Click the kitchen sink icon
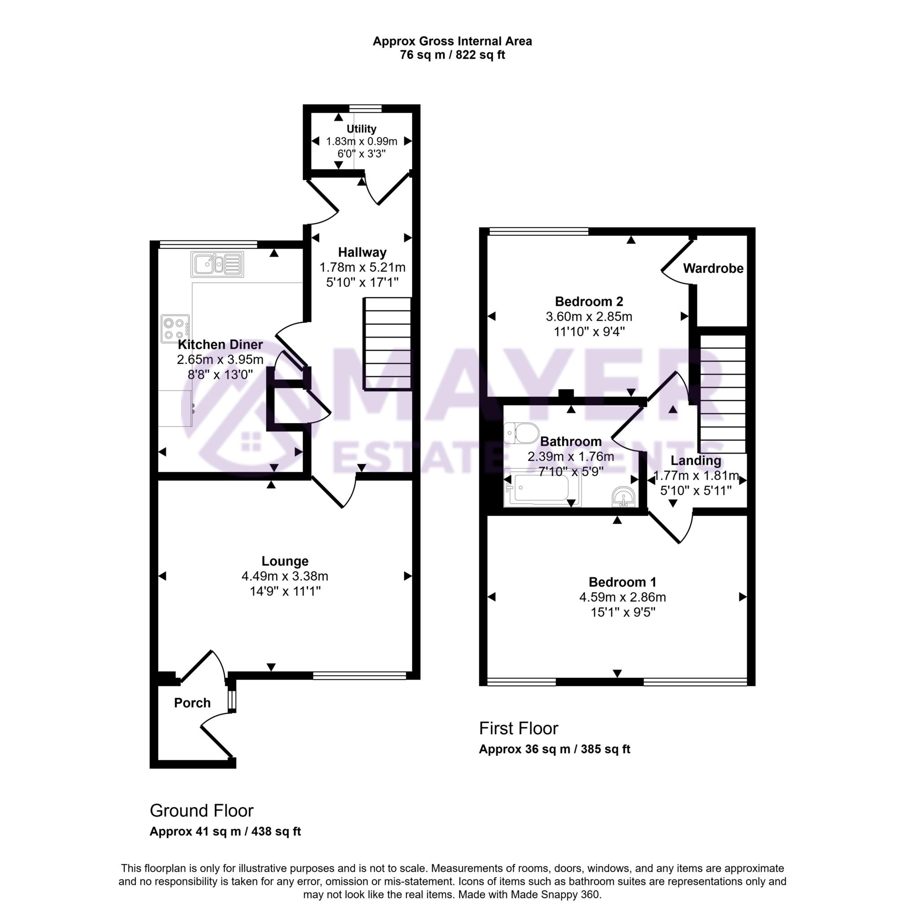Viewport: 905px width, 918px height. point(217,264)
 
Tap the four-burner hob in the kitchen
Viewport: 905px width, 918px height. point(175,328)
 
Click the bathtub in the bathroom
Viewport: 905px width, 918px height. point(542,488)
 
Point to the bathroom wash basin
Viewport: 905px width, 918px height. point(623,497)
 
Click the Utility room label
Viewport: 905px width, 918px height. point(361,129)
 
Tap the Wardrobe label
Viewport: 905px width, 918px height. point(713,268)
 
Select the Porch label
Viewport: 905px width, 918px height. point(192,703)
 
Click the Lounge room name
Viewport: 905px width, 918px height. point(285,561)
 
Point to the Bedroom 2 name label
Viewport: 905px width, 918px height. point(589,301)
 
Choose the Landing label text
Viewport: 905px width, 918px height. point(696,460)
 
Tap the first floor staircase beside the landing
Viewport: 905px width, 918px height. point(722,394)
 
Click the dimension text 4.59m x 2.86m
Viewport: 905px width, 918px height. point(622,597)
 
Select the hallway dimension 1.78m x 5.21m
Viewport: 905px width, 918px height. point(362,268)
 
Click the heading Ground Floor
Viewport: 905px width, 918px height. point(201,810)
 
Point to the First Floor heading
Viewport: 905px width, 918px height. point(518,728)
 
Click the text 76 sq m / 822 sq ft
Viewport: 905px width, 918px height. point(452,55)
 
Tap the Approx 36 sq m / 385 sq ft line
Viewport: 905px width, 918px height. point(554,749)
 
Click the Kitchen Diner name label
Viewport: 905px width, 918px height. point(220,345)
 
